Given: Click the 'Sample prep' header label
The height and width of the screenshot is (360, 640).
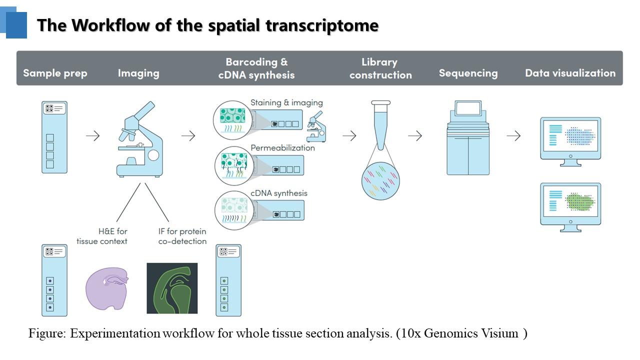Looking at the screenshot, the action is pyautogui.click(x=55, y=73).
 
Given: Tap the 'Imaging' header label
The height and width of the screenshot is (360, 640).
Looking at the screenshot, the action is pyautogui.click(x=138, y=73).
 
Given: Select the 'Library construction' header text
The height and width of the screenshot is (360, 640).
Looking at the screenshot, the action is pyautogui.click(x=380, y=68).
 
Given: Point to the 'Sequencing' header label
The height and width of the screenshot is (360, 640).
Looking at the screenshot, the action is pyautogui.click(x=468, y=73).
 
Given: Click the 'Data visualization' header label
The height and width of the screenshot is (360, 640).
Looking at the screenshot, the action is pyautogui.click(x=570, y=73).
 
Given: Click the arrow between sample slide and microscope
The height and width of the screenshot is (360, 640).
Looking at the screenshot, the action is pyautogui.click(x=93, y=135).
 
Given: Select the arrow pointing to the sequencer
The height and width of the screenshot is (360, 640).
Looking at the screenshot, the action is pyautogui.click(x=415, y=135).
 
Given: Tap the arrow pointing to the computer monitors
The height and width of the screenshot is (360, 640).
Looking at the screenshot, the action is pyautogui.click(x=513, y=135).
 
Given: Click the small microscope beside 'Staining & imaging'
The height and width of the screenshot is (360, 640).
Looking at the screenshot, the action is pyautogui.click(x=316, y=127).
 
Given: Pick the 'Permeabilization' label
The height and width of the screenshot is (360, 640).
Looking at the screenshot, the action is pyautogui.click(x=282, y=147).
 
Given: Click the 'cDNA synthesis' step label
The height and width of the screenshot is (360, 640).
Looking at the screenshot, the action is pyautogui.click(x=279, y=193).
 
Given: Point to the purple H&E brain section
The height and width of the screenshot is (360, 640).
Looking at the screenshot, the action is pyautogui.click(x=107, y=288).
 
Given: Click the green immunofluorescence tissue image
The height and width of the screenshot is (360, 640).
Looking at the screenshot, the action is pyautogui.click(x=172, y=288).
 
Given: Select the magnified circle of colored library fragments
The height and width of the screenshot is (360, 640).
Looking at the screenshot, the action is pyautogui.click(x=380, y=181).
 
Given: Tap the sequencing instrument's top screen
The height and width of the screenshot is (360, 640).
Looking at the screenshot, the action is pyautogui.click(x=468, y=108).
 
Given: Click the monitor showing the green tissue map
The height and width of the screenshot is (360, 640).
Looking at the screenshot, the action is pyautogui.click(x=570, y=207).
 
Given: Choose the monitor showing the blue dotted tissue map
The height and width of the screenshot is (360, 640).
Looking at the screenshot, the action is pyautogui.click(x=570, y=141).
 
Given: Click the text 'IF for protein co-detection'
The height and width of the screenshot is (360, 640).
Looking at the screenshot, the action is pyautogui.click(x=182, y=236).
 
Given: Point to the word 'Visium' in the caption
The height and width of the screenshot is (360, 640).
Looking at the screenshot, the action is pyautogui.click(x=499, y=333).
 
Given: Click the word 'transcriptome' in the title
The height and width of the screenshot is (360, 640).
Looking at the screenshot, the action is pyautogui.click(x=322, y=25).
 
